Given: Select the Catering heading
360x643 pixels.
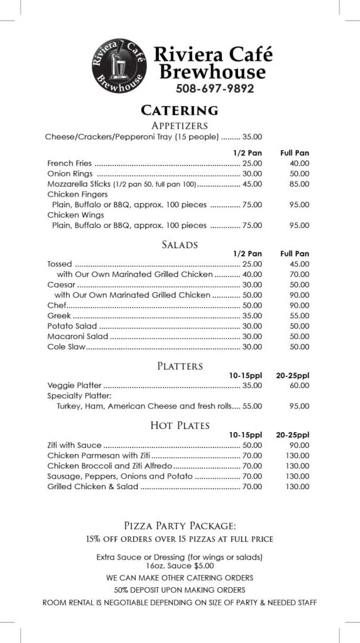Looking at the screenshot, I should (x=180, y=111).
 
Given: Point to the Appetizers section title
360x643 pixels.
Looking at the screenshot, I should (x=180, y=126).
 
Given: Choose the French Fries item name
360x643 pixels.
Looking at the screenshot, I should (x=70, y=163).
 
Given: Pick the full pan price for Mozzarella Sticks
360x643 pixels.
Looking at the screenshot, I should (x=299, y=184).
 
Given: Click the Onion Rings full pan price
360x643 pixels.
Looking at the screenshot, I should (x=299, y=173).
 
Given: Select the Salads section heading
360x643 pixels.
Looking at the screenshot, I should (x=180, y=244).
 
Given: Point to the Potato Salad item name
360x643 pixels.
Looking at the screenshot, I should (x=72, y=326).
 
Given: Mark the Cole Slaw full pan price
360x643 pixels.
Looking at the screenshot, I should (x=299, y=347).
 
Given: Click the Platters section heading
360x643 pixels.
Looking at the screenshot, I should (x=180, y=365).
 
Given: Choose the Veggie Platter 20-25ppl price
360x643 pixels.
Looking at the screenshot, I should (x=299, y=386).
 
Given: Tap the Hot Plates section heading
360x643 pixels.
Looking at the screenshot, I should (x=180, y=426).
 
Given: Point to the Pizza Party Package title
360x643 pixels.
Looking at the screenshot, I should (x=180, y=526).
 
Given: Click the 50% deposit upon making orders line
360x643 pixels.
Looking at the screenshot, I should (x=180, y=590).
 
